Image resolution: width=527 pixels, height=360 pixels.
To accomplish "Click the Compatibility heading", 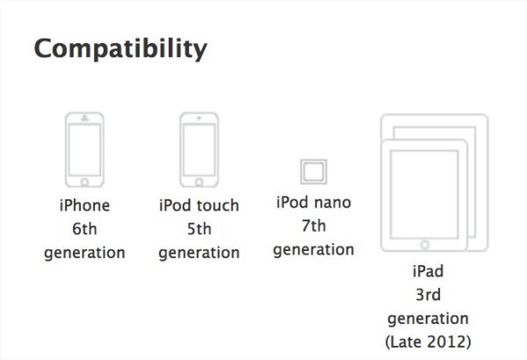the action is (x=120, y=49).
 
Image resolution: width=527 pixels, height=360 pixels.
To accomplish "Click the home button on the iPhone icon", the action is (x=84, y=182).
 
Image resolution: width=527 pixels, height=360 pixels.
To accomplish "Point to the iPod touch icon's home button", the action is (x=199, y=182).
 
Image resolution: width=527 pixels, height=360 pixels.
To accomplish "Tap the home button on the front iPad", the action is (x=424, y=245).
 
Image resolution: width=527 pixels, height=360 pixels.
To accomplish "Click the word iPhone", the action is (x=84, y=205).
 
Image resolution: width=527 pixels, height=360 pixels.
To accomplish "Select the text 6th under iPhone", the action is (x=84, y=229).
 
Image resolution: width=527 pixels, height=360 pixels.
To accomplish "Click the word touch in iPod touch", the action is (x=218, y=205).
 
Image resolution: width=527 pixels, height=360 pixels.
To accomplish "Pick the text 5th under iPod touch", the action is (x=199, y=229).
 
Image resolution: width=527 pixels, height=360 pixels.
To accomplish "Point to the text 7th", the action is (x=314, y=226).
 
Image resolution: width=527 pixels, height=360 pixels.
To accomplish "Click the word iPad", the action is (x=428, y=271).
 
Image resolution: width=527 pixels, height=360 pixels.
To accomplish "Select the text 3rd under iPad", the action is (x=428, y=295).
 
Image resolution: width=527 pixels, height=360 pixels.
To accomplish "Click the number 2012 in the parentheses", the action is (x=450, y=342).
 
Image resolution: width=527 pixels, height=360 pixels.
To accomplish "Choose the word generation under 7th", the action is (x=314, y=249).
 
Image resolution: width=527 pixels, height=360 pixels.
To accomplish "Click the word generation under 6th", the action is (x=84, y=253).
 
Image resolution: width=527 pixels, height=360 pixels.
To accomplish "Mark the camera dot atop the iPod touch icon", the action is (x=199, y=118).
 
